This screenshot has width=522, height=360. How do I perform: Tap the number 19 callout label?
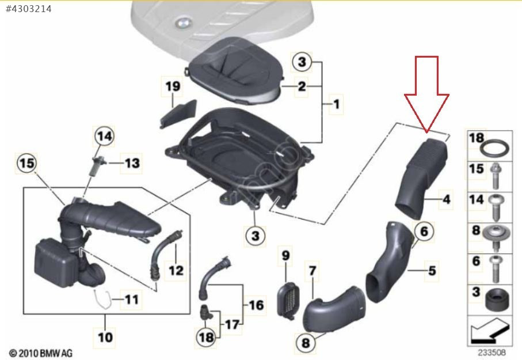pos(173,86)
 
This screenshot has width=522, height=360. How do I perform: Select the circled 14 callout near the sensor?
pos(104,136)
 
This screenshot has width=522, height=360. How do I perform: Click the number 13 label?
pos(132,163)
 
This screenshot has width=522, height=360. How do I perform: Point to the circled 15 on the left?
pos(27,164)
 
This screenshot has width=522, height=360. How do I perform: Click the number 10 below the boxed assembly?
pos(105,337)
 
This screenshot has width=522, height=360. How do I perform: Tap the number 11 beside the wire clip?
pos(131,299)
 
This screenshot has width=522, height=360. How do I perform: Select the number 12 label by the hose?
pos(176,270)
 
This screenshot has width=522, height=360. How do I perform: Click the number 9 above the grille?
pos(285,255)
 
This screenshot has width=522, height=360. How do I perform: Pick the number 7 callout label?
pos(313,270)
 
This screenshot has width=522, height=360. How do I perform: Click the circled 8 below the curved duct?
pos(306,343)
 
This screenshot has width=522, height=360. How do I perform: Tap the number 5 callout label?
pos(432,270)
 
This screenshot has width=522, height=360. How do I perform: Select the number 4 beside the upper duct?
pos(447,199)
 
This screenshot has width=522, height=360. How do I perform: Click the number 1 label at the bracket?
pos(337,104)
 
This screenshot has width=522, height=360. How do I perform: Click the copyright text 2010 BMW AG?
pos(41,353)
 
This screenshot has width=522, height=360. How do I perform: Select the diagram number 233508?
pos(491,352)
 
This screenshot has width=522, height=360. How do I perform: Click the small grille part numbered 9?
pos(288,301)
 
